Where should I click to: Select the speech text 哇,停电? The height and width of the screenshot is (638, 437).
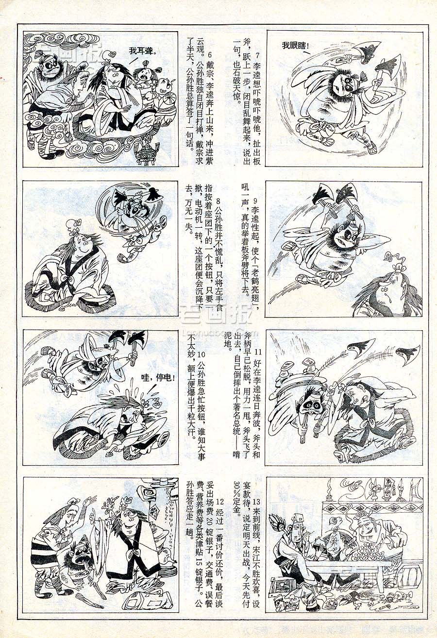coord(157,379)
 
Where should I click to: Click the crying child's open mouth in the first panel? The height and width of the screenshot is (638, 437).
coord(145,76)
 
